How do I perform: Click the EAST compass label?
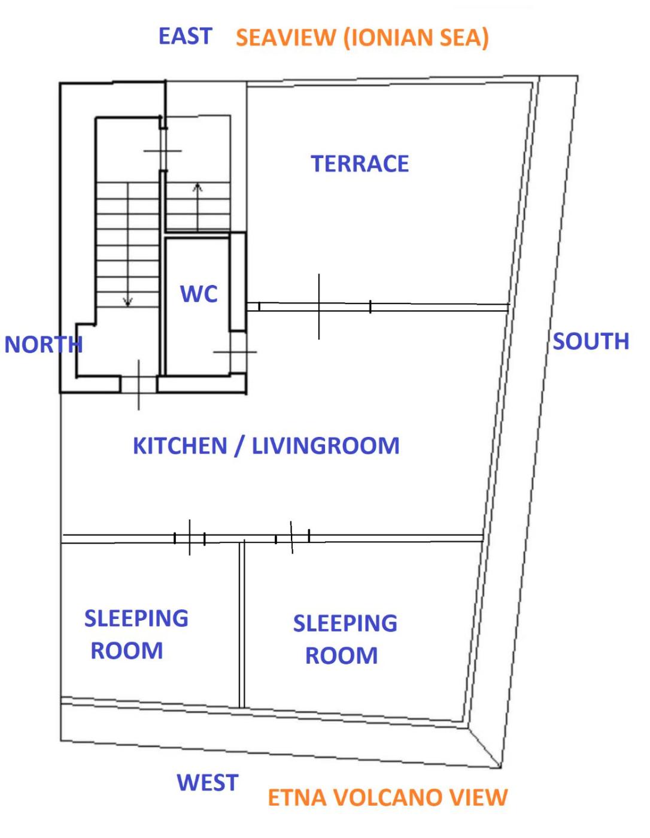click(x=185, y=37)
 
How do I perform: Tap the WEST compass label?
click(x=208, y=782)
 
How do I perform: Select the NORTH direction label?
click(x=43, y=344)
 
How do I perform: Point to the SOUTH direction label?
click(x=591, y=341)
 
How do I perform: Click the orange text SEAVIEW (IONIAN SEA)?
click(x=362, y=37)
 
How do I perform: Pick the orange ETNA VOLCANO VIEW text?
click(x=387, y=797)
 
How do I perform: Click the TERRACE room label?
click(x=360, y=163)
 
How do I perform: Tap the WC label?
click(x=199, y=294)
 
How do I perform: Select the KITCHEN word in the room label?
click(x=180, y=446)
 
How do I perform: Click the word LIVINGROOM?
click(x=326, y=446)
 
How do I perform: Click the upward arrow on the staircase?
click(x=198, y=207)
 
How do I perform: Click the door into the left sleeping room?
click(x=189, y=538)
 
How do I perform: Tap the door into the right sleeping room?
click(x=292, y=538)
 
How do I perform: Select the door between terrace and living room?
click(x=319, y=307)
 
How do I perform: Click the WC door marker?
click(x=235, y=352)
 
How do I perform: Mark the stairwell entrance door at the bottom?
click(x=139, y=384)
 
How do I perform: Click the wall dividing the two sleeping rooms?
click(x=242, y=625)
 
